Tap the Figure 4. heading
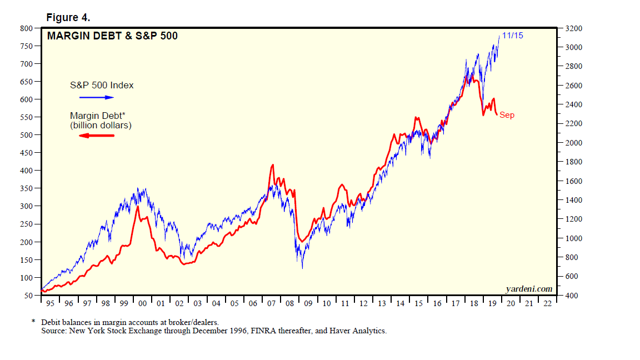click(x=72, y=18)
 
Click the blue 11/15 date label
click(x=512, y=36)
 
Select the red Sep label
click(x=507, y=115)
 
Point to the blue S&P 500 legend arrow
click(x=96, y=97)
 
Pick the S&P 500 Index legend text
click(x=102, y=85)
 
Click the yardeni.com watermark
click(x=529, y=288)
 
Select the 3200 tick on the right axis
click(x=574, y=28)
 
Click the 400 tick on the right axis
click(x=572, y=296)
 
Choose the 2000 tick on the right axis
click(x=574, y=143)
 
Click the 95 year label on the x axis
click(x=50, y=303)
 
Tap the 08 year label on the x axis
click(x=289, y=303)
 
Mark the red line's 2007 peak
click(x=272, y=165)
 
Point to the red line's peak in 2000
click(x=137, y=207)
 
